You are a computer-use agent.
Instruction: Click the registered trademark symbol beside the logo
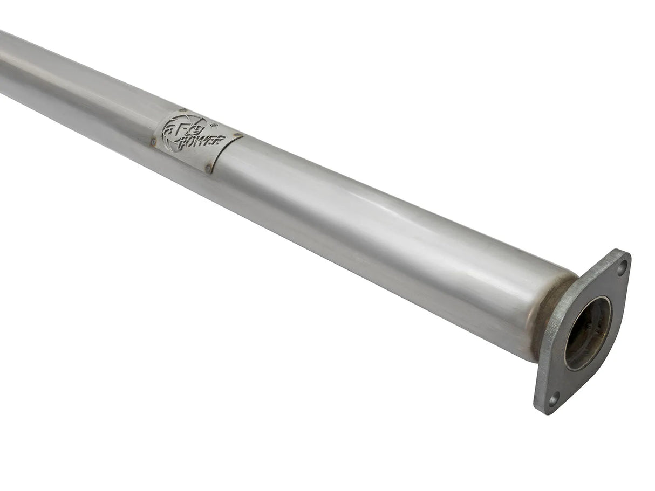click(214, 125)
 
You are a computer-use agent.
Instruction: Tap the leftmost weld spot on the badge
click(154, 142)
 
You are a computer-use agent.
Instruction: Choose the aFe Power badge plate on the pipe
click(196, 140)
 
